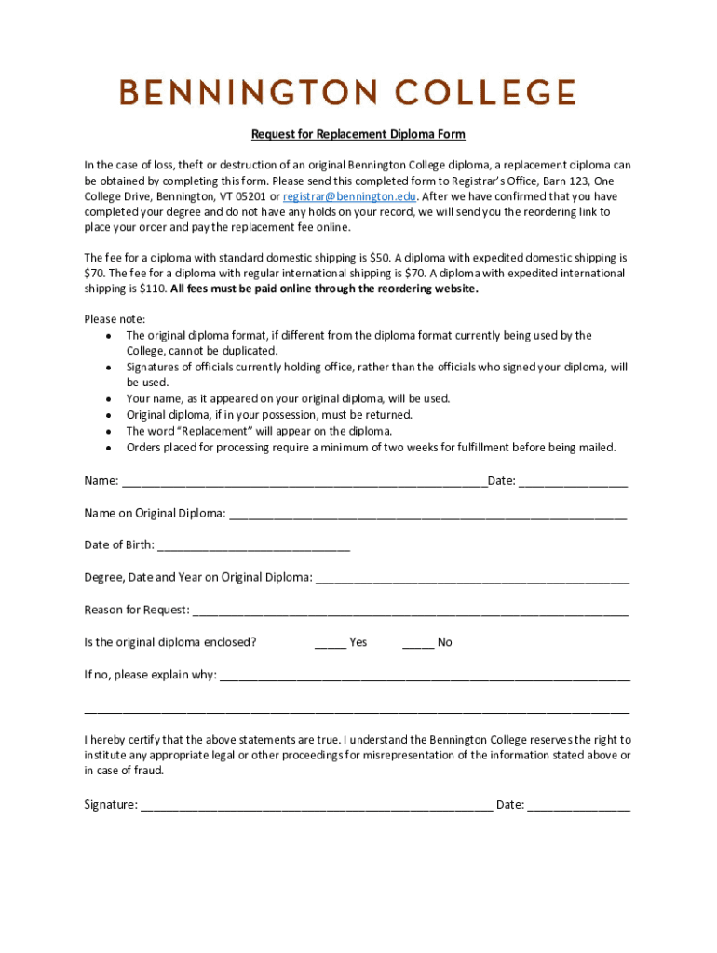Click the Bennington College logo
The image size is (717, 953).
click(346, 92)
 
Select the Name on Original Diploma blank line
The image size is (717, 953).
click(427, 515)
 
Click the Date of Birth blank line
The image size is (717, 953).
click(253, 546)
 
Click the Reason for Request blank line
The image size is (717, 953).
click(410, 611)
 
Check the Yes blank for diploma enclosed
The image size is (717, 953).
click(331, 643)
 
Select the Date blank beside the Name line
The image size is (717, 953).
click(573, 482)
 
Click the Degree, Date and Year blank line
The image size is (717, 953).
click(472, 579)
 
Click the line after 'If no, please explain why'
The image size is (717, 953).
click(424, 676)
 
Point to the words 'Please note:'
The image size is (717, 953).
click(115, 319)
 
